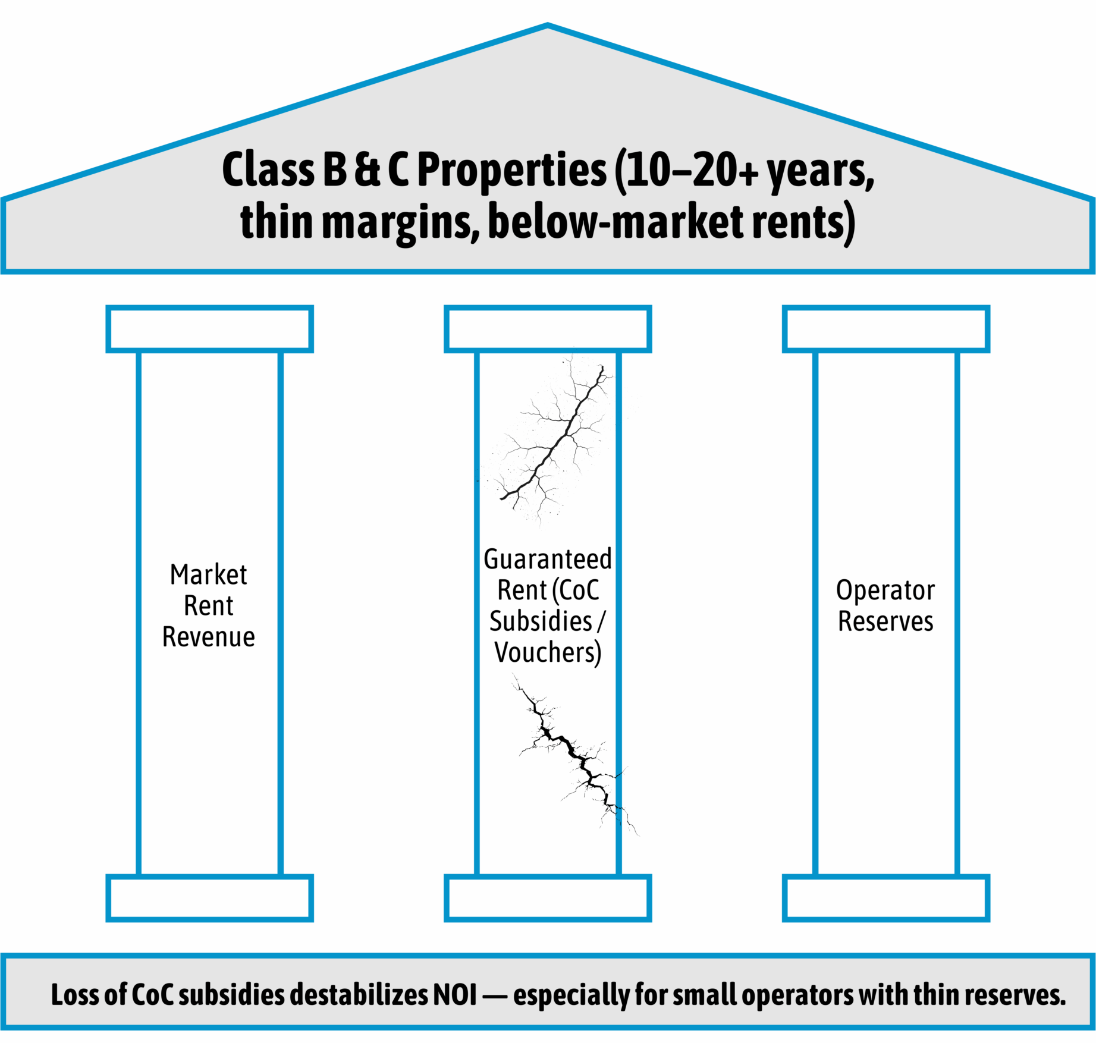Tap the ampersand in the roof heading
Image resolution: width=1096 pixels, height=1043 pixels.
click(x=367, y=169)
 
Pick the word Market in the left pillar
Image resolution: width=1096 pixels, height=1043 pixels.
click(x=208, y=575)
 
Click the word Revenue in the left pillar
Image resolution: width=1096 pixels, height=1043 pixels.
click(x=209, y=637)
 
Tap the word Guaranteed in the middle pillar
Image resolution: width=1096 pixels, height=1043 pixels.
click(x=548, y=560)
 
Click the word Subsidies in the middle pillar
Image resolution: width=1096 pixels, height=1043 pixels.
click(x=541, y=621)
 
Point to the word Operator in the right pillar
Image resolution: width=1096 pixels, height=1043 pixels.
click(x=885, y=590)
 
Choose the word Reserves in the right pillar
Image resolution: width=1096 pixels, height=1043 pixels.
click(x=885, y=621)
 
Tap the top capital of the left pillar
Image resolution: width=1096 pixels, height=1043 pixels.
click(x=209, y=329)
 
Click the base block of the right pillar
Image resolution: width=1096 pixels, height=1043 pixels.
click(x=885, y=898)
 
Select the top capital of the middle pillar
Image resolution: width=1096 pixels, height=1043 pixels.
click(x=548, y=329)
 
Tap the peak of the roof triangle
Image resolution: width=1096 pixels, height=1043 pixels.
click(x=548, y=26)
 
